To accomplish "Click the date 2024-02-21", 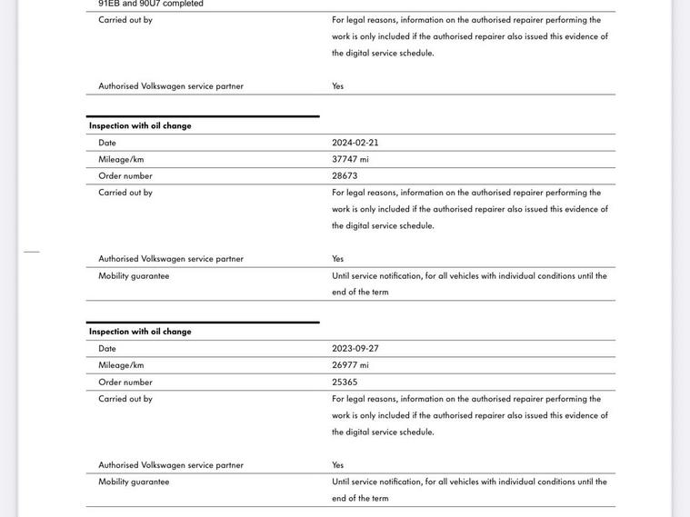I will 355,143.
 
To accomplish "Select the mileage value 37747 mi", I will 350,159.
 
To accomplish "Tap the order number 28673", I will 345,175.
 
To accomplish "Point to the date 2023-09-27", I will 355,349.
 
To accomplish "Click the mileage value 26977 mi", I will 350,365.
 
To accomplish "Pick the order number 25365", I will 345,383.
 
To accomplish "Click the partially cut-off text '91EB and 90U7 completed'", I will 151,4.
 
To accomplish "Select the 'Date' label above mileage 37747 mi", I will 107,143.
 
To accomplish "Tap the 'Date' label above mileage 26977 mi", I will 107,349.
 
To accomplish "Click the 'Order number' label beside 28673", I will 125,175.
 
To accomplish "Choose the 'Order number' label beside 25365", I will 125,383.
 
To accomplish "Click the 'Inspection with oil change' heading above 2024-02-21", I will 140,126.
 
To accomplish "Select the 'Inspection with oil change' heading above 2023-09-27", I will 140,332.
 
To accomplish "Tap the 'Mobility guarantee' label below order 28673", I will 134,276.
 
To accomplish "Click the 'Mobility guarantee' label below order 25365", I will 134,482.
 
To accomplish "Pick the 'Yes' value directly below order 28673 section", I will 338,259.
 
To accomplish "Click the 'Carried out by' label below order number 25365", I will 125,399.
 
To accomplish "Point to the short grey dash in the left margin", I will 32,251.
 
